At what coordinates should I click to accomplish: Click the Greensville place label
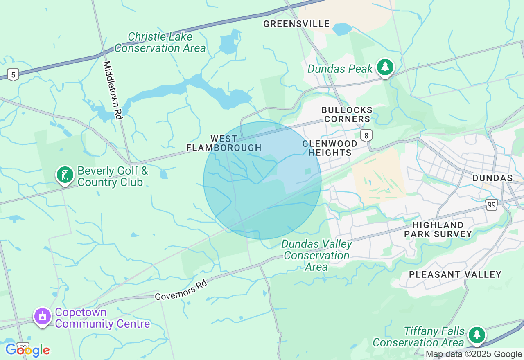coord(296,24)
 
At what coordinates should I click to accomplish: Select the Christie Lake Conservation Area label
coord(160,43)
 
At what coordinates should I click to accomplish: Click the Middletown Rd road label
coord(113,90)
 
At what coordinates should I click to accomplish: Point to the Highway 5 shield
coord(13,74)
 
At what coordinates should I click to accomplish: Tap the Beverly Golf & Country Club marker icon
coord(65,175)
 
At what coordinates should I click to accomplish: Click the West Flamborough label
coord(224,143)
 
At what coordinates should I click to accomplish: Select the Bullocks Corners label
coord(347,115)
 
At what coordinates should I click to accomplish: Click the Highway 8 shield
coord(366,135)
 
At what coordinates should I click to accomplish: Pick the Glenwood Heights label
coord(330,148)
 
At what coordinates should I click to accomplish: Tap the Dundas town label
coord(492,178)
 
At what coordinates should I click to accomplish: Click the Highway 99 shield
coord(492,205)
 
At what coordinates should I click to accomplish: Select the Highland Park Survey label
coord(438,229)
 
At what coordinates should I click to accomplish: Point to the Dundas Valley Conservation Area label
coord(316,255)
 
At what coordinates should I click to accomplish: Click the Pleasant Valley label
coord(455,274)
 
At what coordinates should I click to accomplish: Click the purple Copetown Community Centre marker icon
coord(43,317)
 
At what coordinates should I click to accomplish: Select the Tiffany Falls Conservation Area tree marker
coord(477,335)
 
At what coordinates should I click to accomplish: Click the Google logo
coord(27,350)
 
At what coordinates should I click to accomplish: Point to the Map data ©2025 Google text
coord(474,354)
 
